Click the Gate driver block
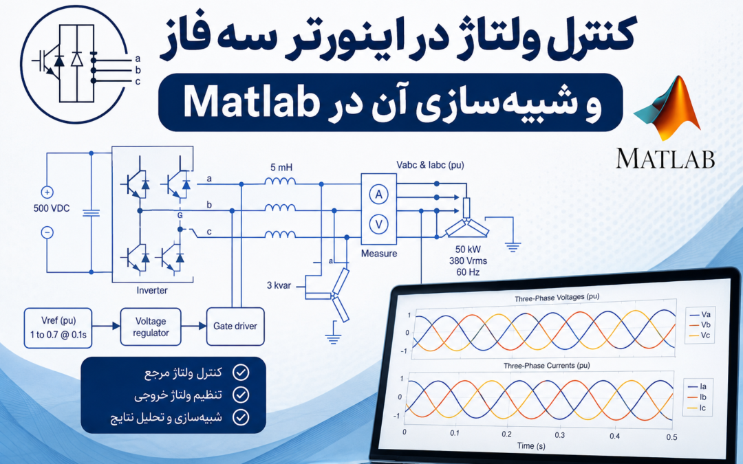point(235,327)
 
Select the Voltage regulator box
point(151,327)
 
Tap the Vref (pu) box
point(58,328)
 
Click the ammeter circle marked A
point(378,194)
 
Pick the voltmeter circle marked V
point(378,224)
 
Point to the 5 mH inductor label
point(281,168)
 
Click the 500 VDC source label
point(52,208)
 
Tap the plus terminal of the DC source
point(47,192)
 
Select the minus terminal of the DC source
point(47,232)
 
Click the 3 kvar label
point(279,285)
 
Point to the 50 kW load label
point(468,250)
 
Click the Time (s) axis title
point(531,446)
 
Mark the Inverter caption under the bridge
point(152,290)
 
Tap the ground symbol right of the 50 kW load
point(513,246)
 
